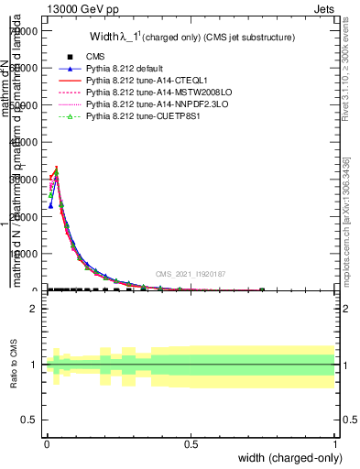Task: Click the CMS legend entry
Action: [95, 57]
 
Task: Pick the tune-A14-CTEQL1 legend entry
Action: [143, 81]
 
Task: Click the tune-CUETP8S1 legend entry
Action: [137, 117]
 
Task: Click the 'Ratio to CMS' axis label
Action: [15, 365]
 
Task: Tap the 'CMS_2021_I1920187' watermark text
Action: [191, 274]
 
